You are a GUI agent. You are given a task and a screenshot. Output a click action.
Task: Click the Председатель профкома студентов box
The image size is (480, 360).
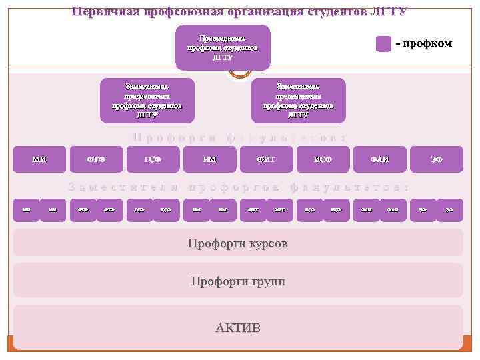[223, 47]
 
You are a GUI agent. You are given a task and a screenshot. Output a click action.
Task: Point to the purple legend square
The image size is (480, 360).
[383, 44]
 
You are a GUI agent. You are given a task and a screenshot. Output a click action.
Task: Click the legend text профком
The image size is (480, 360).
[427, 44]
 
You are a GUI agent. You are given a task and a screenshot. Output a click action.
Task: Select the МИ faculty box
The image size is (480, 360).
[39, 159]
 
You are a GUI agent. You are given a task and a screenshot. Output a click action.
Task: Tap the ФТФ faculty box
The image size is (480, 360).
[96, 159]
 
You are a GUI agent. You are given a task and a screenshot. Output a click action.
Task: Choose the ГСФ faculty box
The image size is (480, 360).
[153, 159]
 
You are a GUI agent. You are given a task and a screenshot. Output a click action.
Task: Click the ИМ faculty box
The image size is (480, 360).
[209, 159]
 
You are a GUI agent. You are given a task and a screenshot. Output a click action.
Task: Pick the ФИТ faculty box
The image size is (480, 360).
[266, 159]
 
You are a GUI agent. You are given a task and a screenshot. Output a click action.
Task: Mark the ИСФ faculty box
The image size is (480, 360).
[323, 159]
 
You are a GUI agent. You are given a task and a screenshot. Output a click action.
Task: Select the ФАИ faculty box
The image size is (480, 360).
[379, 159]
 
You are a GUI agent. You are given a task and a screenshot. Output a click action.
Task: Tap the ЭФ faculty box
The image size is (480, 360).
[436, 159]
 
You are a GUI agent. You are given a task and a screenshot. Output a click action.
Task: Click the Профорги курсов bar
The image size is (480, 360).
[238, 243]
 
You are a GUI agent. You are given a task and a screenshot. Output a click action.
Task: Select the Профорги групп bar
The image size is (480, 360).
[238, 281]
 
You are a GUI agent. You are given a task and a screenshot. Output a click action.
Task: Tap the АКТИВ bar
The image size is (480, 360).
[238, 327]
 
